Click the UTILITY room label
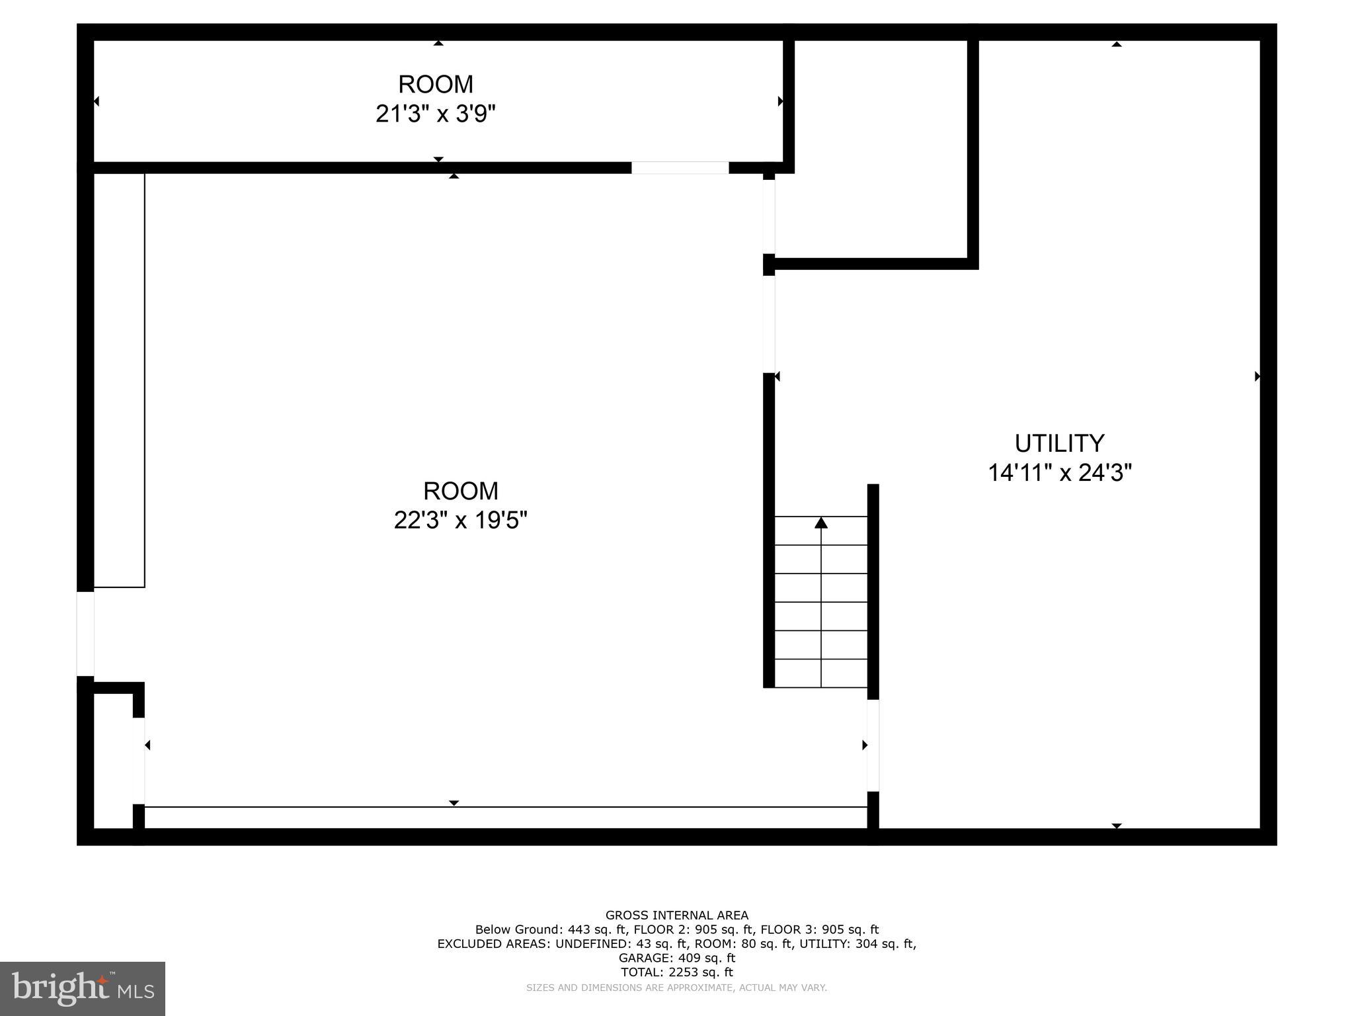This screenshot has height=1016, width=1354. click(1059, 443)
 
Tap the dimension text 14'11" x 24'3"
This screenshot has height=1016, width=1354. click(1059, 473)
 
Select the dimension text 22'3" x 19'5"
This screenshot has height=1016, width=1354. click(460, 521)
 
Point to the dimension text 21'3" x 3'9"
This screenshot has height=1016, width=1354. click(435, 114)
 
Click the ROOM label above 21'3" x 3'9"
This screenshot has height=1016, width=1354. click(435, 85)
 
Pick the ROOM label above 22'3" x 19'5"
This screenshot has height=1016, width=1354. click(460, 491)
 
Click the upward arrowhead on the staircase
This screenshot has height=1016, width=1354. click(820, 523)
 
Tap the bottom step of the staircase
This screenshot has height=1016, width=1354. click(820, 673)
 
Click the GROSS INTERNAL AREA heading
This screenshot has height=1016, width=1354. click(676, 915)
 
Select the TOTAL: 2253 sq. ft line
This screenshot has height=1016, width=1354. click(676, 972)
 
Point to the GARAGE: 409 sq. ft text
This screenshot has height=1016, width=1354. click(676, 958)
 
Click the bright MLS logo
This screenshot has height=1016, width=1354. click(82, 988)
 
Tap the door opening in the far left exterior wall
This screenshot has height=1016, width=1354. click(85, 634)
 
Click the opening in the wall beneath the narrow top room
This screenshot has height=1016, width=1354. click(680, 168)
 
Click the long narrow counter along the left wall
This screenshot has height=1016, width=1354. click(119, 380)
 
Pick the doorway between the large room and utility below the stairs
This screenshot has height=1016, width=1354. click(873, 745)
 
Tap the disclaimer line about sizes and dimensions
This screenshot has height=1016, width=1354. click(676, 988)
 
